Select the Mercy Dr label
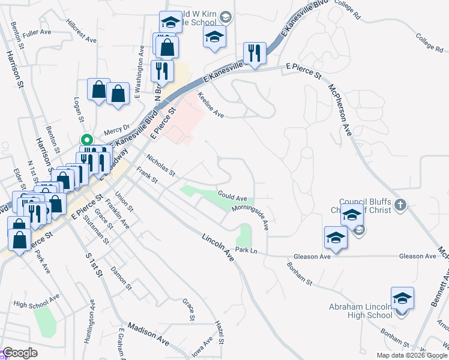click(116, 128)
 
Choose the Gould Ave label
click(233, 197)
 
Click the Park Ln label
click(246, 250)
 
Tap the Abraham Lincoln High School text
click(361, 311)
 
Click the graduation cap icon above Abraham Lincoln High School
click(402, 298)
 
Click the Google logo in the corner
click(19, 353)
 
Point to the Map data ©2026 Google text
click(411, 355)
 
